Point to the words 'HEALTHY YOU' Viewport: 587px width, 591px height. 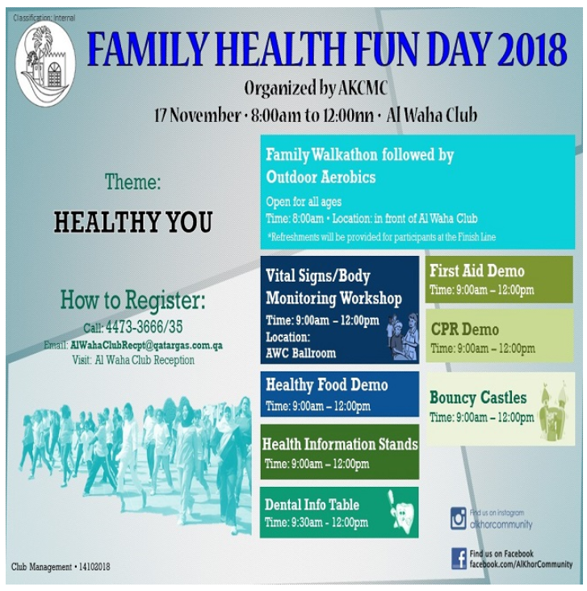[133, 222]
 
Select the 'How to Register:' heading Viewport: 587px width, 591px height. [133, 301]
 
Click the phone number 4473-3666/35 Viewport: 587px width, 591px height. [145, 328]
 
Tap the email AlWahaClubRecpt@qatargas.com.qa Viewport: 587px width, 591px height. [146, 345]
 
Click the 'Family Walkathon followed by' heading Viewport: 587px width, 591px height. [359, 155]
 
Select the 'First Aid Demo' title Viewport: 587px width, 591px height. [476, 271]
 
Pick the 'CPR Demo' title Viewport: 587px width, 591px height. [464, 329]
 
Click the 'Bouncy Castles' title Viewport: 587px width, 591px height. [477, 398]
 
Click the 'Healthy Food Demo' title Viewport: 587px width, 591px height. [326, 385]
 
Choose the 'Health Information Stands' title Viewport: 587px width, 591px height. [340, 444]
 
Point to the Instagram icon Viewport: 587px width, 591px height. [458, 518]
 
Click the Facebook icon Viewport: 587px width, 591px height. [458, 558]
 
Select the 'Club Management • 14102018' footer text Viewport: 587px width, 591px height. [61, 567]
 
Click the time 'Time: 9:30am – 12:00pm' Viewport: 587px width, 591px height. [316, 522]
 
